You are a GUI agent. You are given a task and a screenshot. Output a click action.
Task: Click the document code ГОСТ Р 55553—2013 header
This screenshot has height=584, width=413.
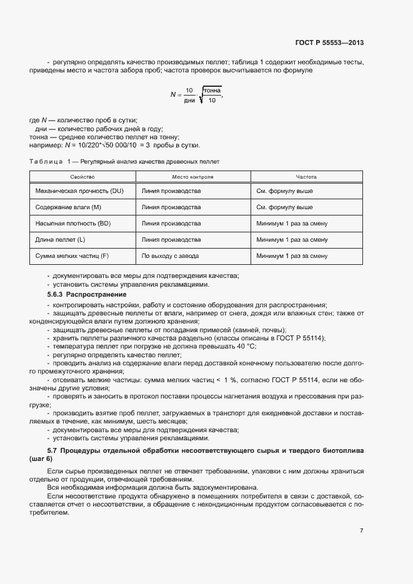pyautogui.click(x=329, y=42)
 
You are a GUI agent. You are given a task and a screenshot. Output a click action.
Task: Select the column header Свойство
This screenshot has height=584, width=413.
pyautogui.click(x=82, y=177)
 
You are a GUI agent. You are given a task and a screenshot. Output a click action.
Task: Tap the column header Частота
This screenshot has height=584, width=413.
pyautogui.click(x=306, y=177)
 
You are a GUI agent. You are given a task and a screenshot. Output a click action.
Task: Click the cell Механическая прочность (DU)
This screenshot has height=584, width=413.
pyautogui.click(x=80, y=191)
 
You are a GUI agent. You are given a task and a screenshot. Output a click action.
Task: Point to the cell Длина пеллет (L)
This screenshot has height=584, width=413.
pyautogui.click(x=61, y=239)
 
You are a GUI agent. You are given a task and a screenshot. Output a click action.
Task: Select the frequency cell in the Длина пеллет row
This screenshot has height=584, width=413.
pyautogui.click(x=292, y=239)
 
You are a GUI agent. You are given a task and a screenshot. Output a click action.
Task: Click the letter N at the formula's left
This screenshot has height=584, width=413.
pyautogui.click(x=172, y=95)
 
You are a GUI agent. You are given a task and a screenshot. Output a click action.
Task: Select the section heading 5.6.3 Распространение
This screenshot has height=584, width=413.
pyautogui.click(x=87, y=294)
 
